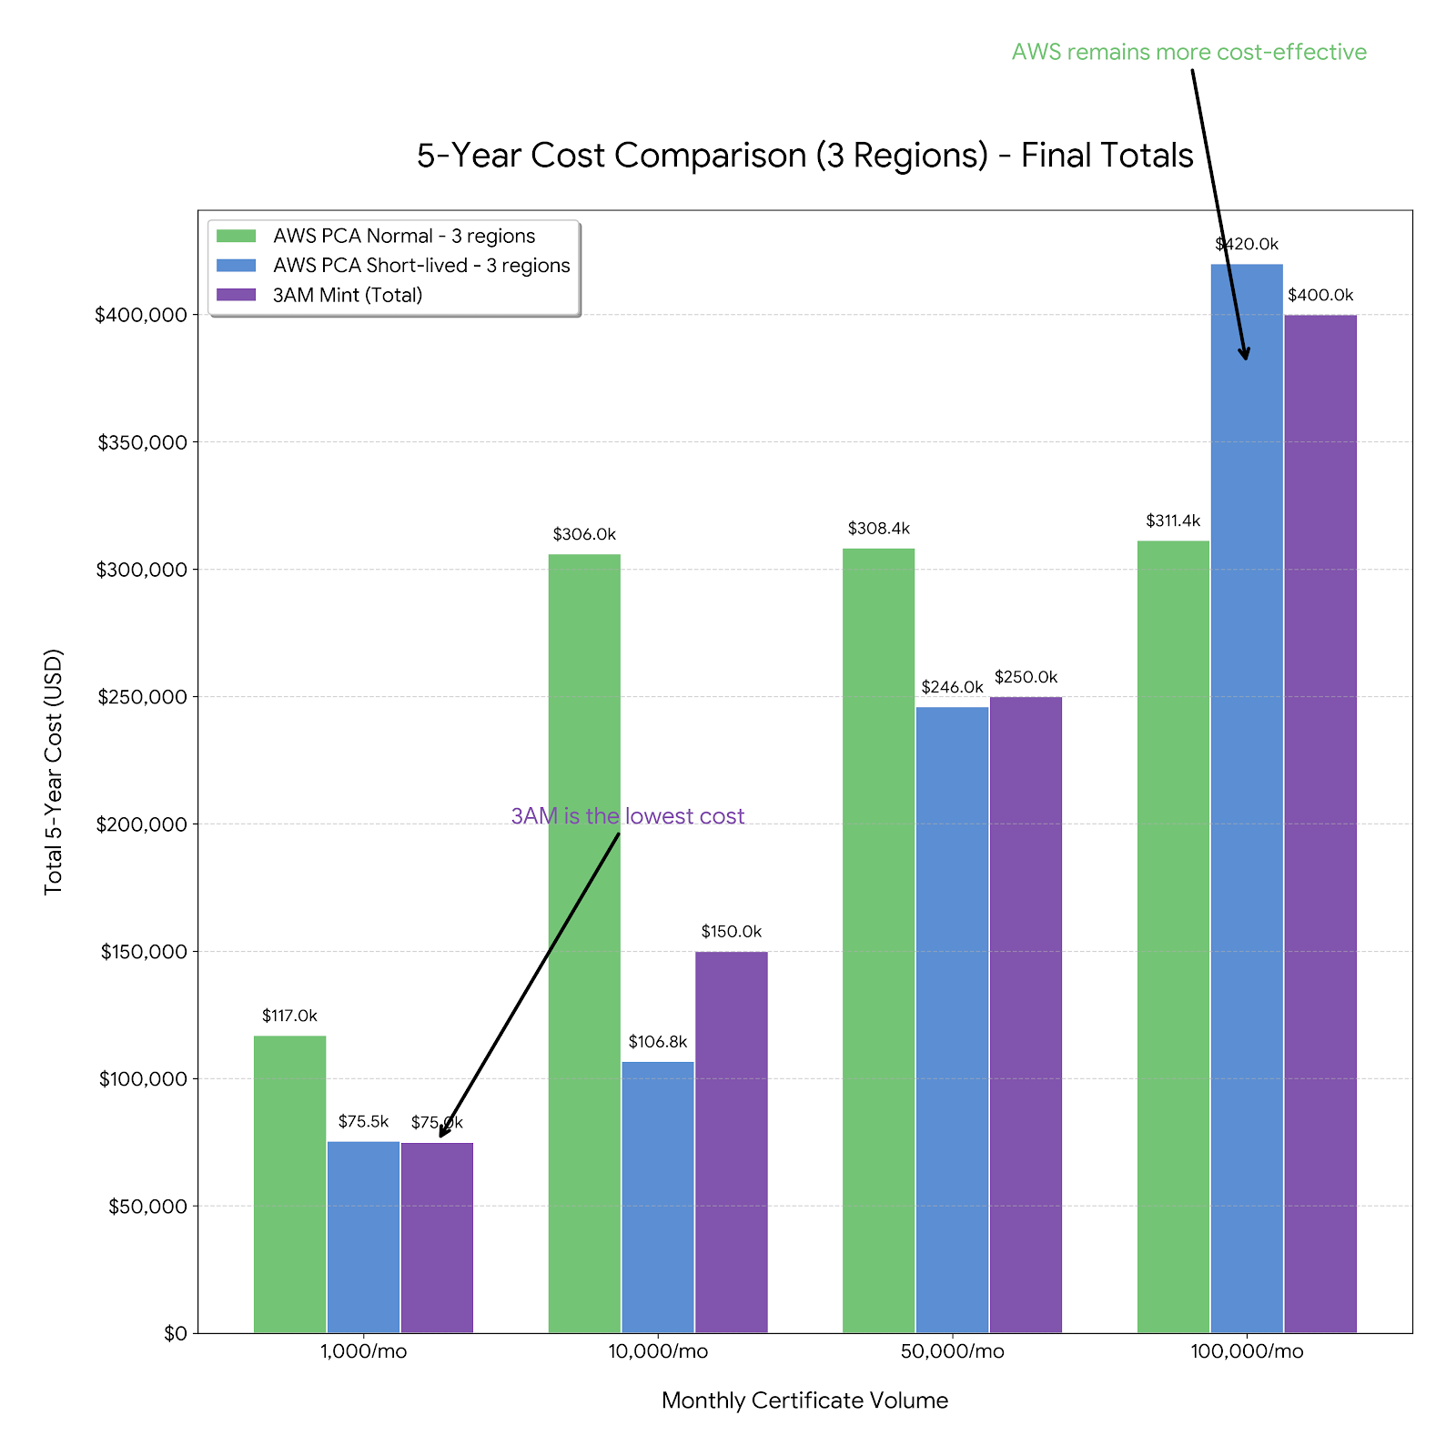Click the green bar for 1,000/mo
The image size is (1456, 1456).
(x=289, y=1183)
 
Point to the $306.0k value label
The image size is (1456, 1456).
(x=584, y=534)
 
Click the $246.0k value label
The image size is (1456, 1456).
(x=952, y=687)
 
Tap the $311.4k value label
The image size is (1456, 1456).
(x=1173, y=521)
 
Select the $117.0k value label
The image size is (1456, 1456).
(x=289, y=1016)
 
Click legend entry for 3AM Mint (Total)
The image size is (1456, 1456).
(x=348, y=295)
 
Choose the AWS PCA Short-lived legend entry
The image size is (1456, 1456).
(x=421, y=265)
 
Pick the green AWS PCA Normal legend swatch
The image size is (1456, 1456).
(x=237, y=236)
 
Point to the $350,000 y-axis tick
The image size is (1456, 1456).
(x=142, y=442)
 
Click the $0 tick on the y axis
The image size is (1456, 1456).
(x=175, y=1333)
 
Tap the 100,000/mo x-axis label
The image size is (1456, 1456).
(x=1247, y=1351)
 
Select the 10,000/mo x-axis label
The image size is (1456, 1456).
(x=658, y=1351)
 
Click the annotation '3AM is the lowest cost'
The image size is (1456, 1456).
(x=627, y=816)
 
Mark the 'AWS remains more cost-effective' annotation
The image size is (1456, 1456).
(x=1188, y=52)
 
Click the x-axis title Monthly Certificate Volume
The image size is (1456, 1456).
(x=804, y=1400)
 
